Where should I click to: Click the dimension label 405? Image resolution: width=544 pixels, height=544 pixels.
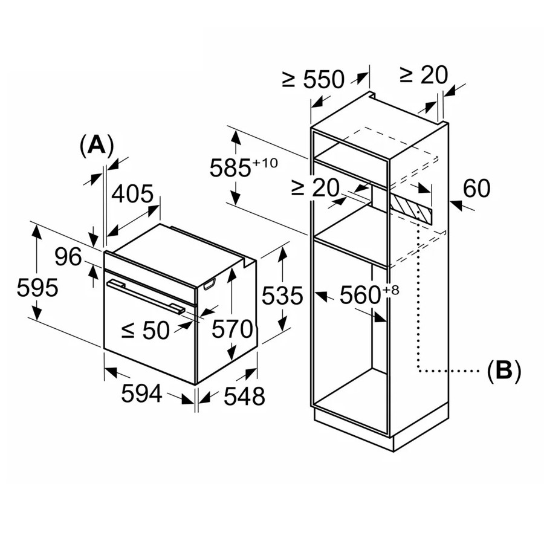tap(133, 195)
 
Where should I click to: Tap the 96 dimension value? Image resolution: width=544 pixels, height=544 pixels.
tap(68, 257)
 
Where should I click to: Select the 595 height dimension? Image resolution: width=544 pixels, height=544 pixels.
tap(37, 288)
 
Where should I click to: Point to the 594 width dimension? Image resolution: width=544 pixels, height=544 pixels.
tap(142, 394)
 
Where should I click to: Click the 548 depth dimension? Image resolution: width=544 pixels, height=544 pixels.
tap(244, 396)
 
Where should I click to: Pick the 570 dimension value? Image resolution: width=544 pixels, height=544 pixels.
tap(232, 330)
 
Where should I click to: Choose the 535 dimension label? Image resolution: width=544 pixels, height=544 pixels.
tap(282, 296)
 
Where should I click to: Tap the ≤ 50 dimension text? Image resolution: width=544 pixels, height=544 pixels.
tap(146, 330)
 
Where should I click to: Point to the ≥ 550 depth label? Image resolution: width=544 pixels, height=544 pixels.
tap(313, 79)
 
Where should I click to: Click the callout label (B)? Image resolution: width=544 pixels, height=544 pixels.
tap(504, 370)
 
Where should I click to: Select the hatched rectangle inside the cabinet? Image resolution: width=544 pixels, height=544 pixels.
tap(411, 207)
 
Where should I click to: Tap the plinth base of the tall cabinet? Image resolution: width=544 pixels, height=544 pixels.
tap(357, 429)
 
